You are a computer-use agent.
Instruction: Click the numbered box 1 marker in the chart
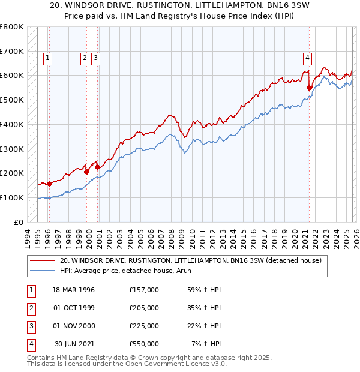(x=47, y=58)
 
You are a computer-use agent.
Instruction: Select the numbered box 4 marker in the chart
(x=307, y=58)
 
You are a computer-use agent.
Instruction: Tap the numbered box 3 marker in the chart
(x=96, y=58)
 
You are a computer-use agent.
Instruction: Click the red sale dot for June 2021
(x=310, y=88)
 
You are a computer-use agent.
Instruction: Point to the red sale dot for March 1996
(x=49, y=184)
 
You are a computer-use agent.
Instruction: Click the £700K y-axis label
(x=12, y=51)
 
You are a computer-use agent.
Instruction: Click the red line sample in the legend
(x=43, y=260)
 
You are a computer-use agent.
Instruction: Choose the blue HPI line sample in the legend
(x=43, y=271)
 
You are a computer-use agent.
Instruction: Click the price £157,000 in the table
(x=144, y=290)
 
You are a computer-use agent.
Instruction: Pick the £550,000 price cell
(x=144, y=344)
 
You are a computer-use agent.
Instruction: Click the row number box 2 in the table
(x=30, y=308)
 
